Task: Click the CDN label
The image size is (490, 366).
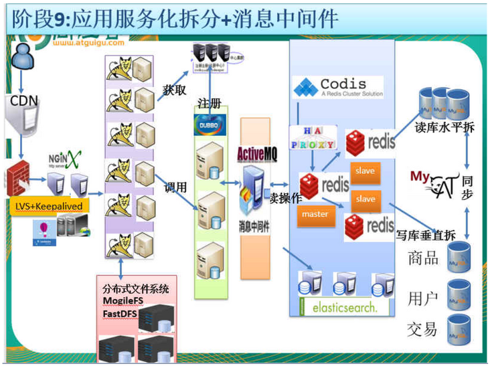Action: tap(25, 101)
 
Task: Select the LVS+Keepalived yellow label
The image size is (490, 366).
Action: tap(51, 206)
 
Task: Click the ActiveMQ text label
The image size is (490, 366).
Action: tap(257, 153)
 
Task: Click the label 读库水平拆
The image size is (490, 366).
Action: tap(444, 126)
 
